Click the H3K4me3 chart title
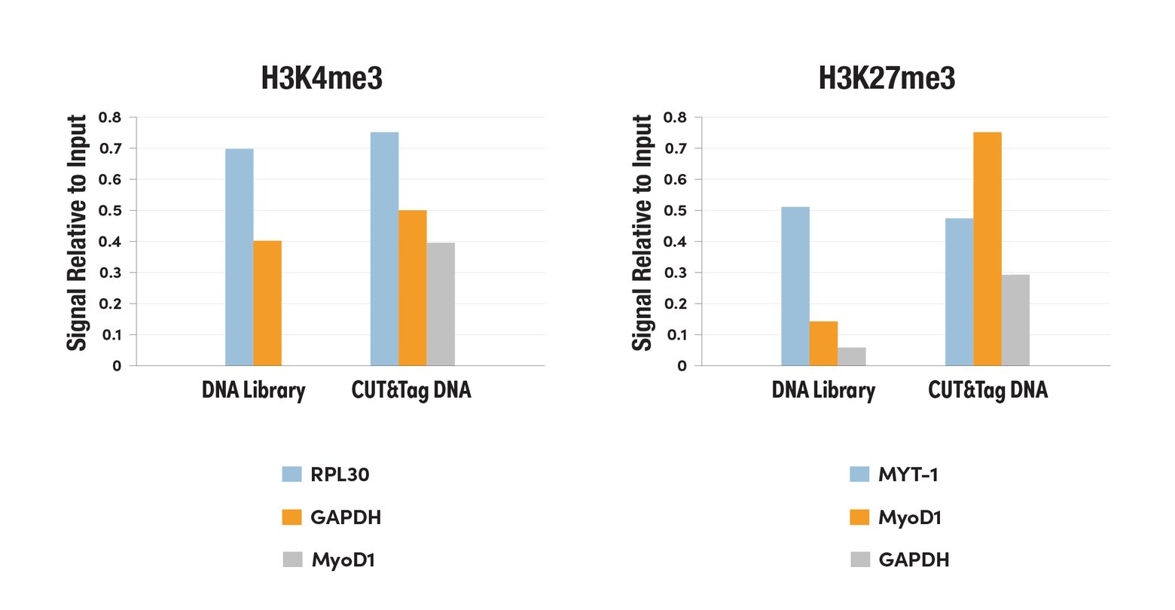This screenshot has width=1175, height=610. coord(322,78)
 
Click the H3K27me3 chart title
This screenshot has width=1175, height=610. coord(887,78)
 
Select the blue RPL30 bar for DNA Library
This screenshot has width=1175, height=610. coord(239,257)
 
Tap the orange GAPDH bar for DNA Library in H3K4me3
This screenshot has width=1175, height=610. coord(267,303)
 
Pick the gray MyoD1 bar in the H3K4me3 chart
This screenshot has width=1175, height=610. coord(441,303)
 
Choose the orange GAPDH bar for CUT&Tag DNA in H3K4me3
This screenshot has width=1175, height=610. coord(413,288)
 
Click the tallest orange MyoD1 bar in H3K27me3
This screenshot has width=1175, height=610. coord(987,249)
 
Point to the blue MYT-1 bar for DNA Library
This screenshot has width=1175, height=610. coord(795,286)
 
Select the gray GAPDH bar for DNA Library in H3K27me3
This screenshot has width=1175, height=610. coord(852,356)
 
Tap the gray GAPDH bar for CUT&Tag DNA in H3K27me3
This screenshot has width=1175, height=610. coord(1015,320)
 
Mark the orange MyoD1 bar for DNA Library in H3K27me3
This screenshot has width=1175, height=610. coord(823,343)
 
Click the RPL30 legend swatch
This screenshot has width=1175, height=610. coord(291,474)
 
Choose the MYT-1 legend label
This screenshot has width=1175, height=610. coord(908,474)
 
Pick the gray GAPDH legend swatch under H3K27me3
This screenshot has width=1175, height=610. coord(859,560)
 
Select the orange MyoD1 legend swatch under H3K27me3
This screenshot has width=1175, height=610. coord(859,517)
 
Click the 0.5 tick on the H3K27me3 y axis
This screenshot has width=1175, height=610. coord(675,211)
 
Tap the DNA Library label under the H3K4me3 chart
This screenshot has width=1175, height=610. coord(254,390)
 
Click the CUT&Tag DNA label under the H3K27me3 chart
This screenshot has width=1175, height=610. coord(987,390)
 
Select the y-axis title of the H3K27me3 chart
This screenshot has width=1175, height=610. coord(642,233)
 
